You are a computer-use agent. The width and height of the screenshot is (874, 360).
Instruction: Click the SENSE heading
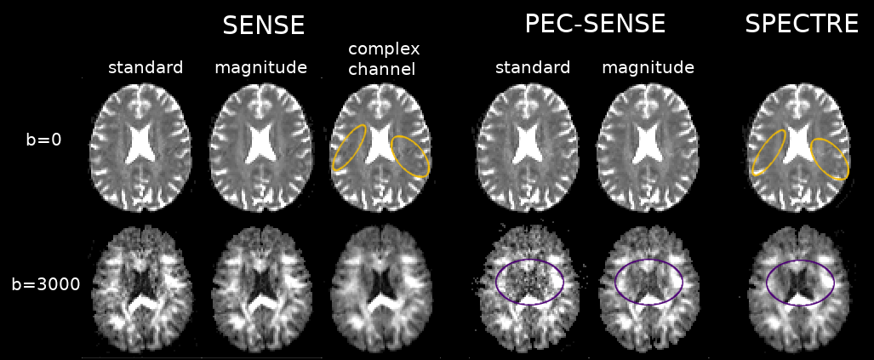click(263, 26)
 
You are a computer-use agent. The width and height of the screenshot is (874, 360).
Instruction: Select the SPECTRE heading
click(801, 24)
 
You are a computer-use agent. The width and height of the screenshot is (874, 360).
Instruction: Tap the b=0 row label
click(43, 140)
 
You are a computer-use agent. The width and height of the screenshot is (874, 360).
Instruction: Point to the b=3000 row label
click(46, 284)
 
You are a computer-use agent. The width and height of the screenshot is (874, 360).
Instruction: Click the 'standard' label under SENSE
click(145, 67)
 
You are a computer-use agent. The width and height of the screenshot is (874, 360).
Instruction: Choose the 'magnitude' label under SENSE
click(260, 67)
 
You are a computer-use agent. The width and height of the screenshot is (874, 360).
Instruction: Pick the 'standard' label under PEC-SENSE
click(533, 67)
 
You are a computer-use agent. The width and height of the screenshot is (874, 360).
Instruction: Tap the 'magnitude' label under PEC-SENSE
click(648, 67)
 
